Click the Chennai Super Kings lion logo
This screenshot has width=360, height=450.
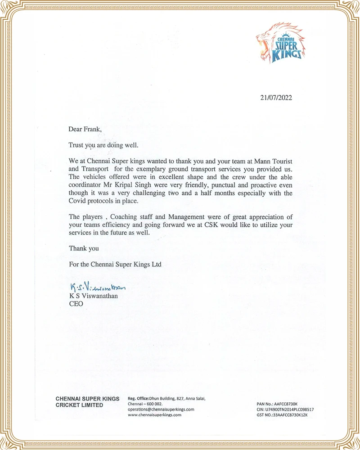(279, 45)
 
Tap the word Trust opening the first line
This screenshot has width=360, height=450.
(77, 145)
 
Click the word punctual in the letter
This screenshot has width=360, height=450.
(214, 185)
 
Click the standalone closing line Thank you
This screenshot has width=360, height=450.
(84, 248)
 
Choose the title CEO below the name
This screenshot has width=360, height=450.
(76, 304)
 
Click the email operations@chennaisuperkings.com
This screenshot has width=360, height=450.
(161, 409)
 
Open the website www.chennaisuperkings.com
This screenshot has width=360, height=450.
(154, 415)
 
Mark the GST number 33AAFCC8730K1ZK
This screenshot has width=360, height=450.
(295, 415)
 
